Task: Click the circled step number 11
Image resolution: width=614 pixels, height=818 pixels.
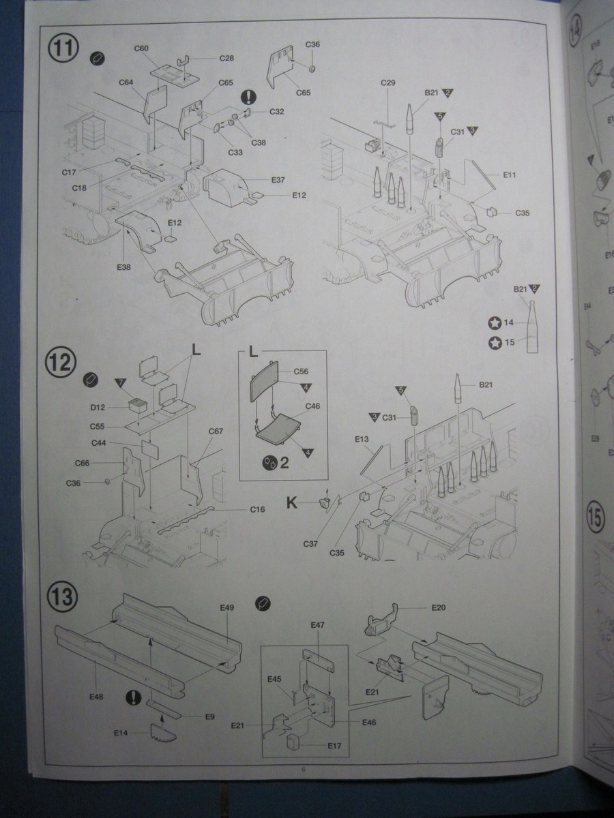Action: click(63, 49)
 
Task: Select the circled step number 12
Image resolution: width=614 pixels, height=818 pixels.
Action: click(61, 362)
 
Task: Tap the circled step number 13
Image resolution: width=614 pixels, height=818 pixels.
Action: click(61, 596)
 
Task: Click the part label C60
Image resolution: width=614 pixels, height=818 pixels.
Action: click(141, 48)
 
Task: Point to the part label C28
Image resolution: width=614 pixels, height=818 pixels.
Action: click(226, 59)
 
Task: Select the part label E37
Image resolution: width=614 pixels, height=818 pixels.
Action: click(278, 180)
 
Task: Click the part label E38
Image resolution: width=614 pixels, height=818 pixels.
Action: click(123, 267)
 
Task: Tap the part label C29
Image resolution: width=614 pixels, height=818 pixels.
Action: click(388, 82)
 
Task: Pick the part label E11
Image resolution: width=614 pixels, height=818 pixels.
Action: click(510, 175)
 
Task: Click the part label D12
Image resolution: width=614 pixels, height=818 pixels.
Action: click(97, 408)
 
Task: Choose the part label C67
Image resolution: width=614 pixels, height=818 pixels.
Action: click(216, 431)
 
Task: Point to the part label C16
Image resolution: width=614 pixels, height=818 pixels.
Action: click(257, 509)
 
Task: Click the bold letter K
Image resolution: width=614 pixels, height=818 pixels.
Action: click(292, 503)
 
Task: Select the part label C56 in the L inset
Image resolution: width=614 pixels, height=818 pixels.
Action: click(301, 372)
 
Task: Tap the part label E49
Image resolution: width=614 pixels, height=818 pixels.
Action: click(227, 607)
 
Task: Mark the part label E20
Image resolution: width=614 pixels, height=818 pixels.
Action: click(438, 607)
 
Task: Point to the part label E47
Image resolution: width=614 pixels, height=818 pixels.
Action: click(317, 624)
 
